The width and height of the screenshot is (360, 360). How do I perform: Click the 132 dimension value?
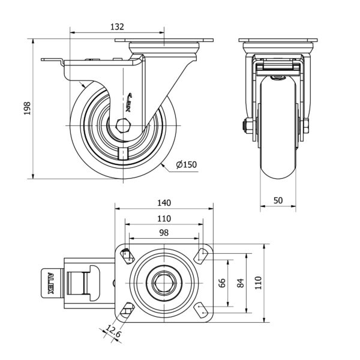116,26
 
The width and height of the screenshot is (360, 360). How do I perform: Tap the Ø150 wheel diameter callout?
186,165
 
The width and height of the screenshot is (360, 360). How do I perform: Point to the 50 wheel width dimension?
278,201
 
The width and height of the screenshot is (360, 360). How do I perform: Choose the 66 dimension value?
221,282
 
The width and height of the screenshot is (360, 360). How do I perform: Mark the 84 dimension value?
241,282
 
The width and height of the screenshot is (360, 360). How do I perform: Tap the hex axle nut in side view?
124,126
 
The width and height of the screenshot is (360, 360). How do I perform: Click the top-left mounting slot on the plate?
127,256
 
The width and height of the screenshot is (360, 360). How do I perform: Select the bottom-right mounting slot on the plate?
202,310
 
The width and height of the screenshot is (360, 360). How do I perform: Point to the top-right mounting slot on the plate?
202,256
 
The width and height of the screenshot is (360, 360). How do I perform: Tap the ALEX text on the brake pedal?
50,283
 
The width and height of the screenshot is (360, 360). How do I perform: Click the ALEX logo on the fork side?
133,103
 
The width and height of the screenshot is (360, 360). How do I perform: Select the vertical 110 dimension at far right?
259,283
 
